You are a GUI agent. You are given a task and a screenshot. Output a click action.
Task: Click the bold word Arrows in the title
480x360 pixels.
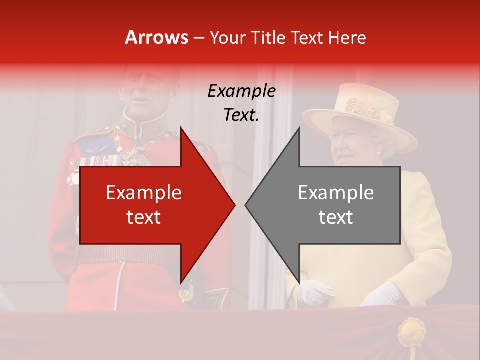pos(157,37)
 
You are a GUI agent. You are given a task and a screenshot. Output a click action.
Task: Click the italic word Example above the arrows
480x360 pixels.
pos(241,91)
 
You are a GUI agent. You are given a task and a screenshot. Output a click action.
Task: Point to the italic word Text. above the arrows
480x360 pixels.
pos(241,115)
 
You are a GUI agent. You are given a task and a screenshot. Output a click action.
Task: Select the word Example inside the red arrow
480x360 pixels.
pos(144,193)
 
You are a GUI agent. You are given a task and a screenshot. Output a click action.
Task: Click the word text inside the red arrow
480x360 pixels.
pos(144,217)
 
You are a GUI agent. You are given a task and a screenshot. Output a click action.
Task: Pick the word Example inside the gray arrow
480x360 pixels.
pos(336,193)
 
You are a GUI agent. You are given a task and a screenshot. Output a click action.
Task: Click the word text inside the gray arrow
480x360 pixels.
pos(336,217)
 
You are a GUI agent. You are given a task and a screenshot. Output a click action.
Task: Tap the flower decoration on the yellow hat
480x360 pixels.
pos(363,107)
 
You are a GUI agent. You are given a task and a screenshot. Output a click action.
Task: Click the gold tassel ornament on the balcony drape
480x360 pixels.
pos(411,332)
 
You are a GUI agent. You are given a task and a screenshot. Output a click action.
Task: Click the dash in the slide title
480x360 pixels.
pos(199,38)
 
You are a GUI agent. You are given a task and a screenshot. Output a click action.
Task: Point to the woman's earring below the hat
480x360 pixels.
pos(378,152)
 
